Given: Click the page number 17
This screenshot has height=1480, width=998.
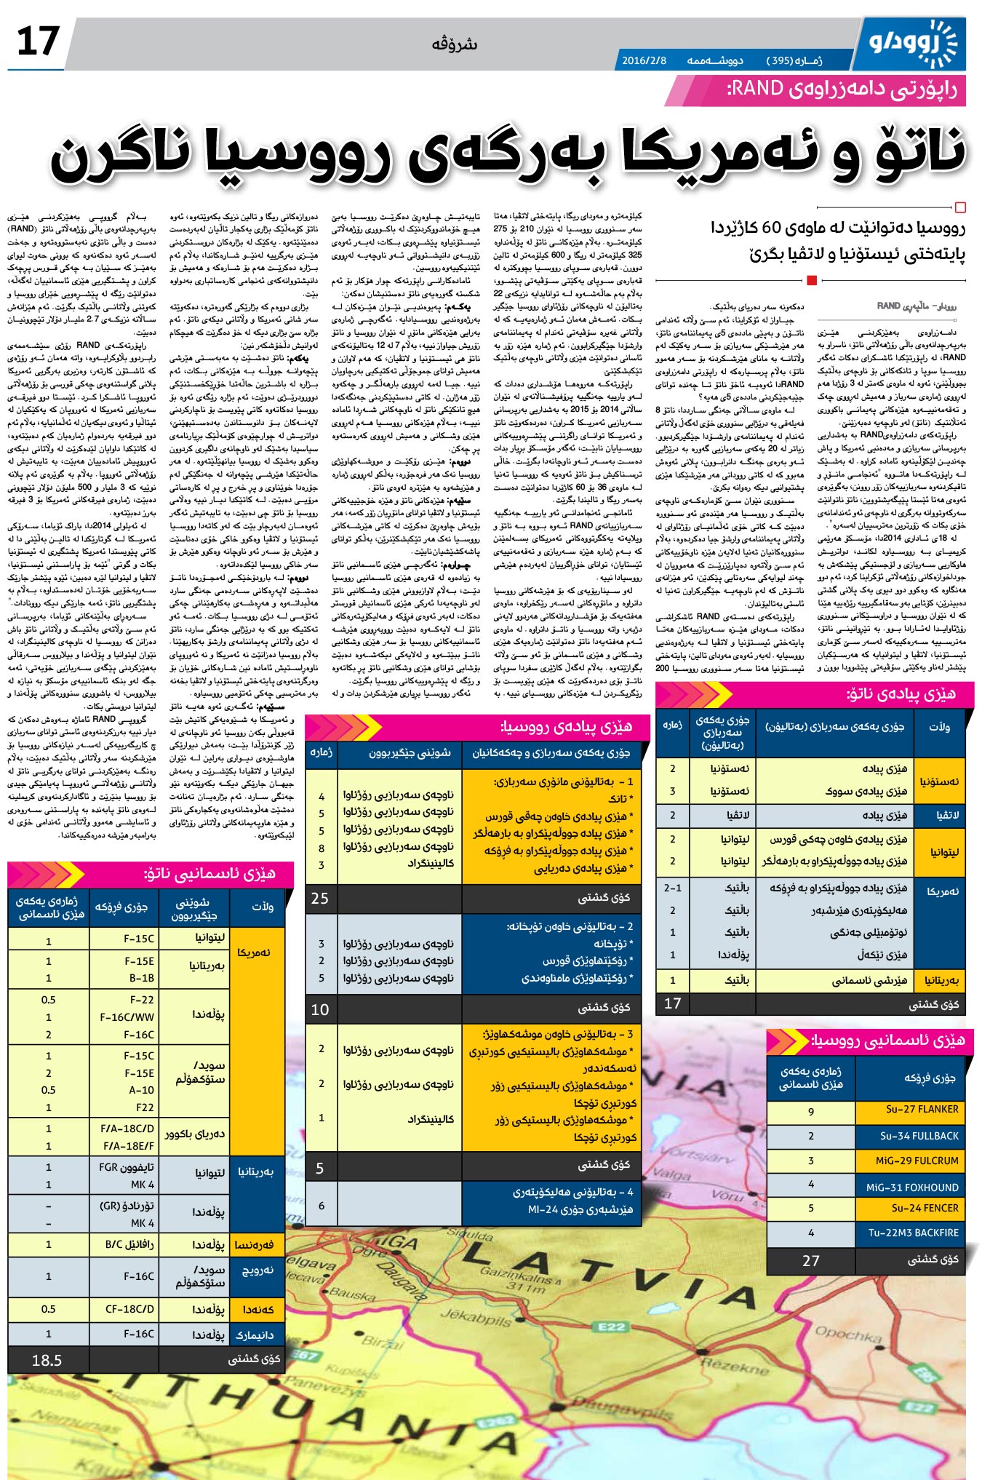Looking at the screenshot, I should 38,41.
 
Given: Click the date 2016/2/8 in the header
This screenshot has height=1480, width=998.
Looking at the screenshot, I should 644,61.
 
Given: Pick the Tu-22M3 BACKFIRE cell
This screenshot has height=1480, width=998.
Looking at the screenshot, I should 913,1233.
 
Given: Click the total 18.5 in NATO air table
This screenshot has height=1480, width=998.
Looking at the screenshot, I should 47,1360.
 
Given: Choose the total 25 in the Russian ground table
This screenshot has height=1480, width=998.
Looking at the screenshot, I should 320,898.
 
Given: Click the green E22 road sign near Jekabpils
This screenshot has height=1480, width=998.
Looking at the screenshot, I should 611,1326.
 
